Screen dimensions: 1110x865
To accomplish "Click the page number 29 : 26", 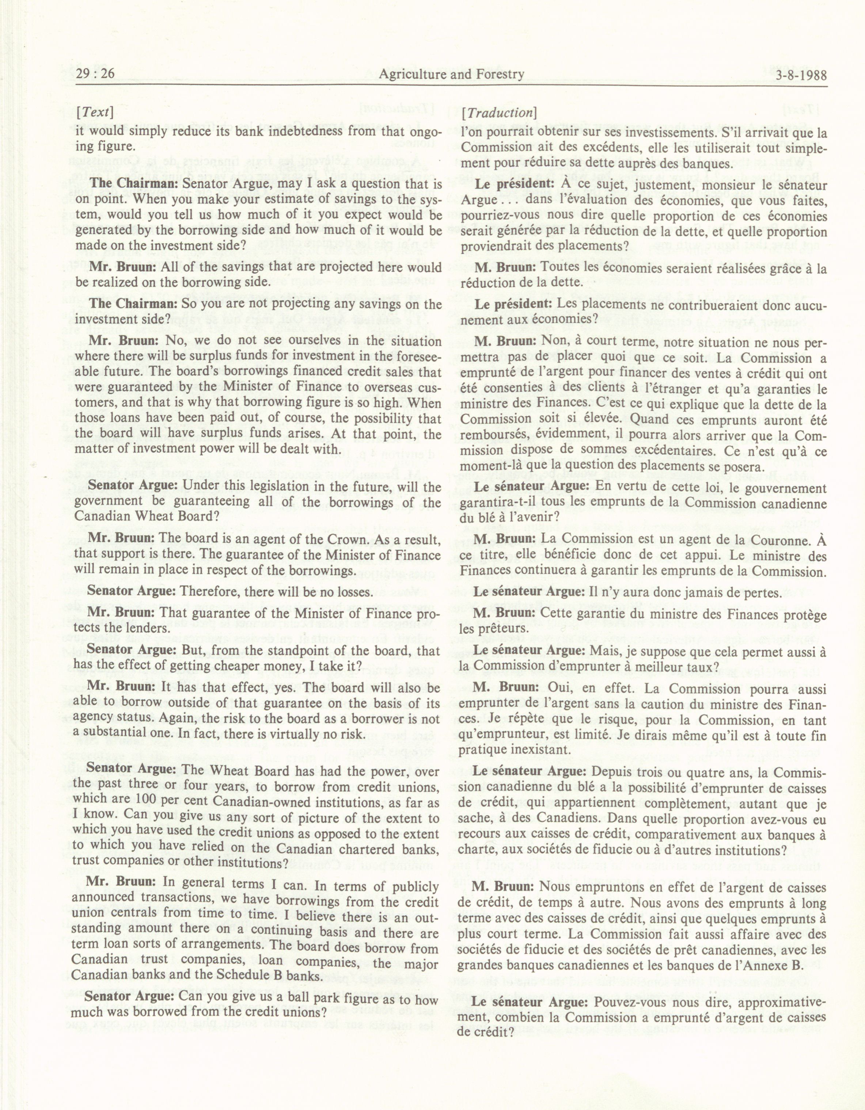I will (x=95, y=75).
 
